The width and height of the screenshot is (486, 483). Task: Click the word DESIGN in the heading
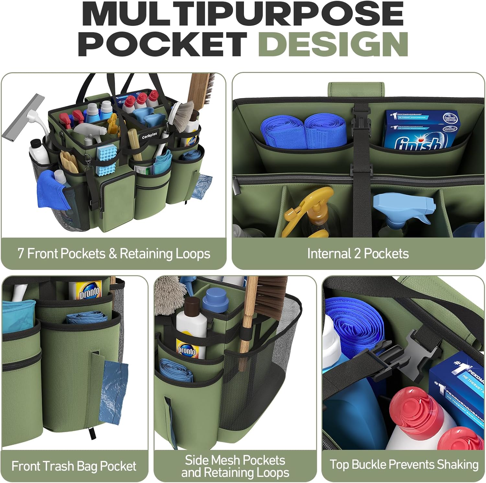333,44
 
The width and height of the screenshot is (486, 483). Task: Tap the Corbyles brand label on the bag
149,135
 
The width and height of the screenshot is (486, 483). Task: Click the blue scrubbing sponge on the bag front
106,160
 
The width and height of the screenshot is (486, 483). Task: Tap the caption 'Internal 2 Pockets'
358,254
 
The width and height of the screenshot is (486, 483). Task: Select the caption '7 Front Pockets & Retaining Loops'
114,254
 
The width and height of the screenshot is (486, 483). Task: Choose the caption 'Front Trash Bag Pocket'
74,466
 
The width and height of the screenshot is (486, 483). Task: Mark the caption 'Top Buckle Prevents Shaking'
404,465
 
